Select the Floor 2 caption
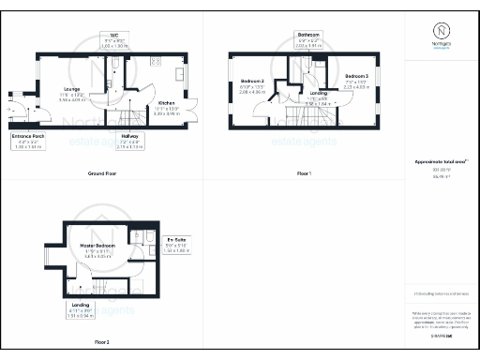click(x=101, y=342)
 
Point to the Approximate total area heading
click(x=441, y=161)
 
